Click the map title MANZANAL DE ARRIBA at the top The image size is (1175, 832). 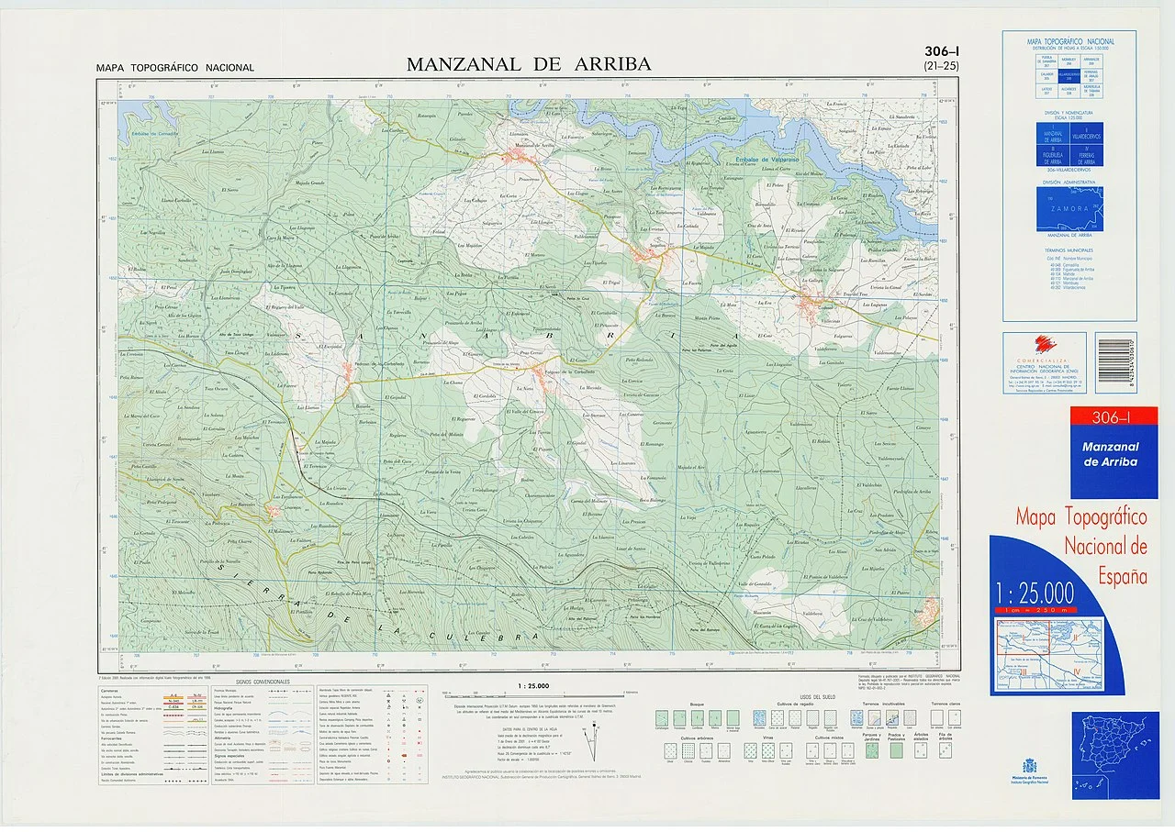(528, 64)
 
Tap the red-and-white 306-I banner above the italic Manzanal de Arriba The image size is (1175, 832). (1109, 417)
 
